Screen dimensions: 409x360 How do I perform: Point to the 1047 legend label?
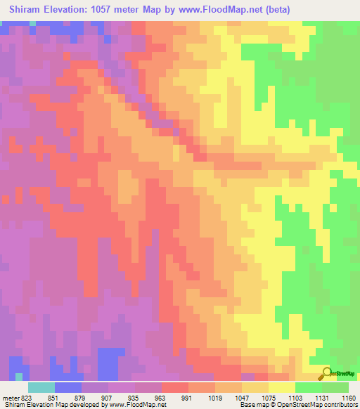[x=242, y=397]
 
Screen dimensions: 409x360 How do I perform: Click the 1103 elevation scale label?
[x=295, y=397]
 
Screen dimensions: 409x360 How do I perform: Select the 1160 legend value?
[x=349, y=397]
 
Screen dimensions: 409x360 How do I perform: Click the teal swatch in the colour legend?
[x=41, y=387]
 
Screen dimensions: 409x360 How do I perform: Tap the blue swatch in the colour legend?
[x=68, y=387]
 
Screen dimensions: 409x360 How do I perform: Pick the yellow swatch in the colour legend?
[x=282, y=387]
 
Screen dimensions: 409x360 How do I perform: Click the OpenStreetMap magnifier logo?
[x=326, y=372]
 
